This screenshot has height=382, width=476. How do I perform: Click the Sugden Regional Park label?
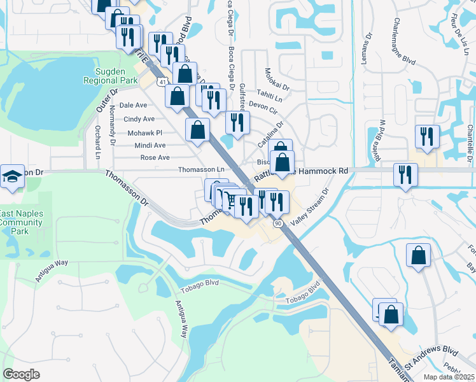[x=110, y=76]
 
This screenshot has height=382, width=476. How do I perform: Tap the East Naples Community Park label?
[x=22, y=222]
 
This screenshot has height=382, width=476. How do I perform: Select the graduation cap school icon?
[x=12, y=177]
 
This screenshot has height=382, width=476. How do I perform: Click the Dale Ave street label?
[x=133, y=105]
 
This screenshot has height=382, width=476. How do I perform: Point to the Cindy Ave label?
[x=139, y=119]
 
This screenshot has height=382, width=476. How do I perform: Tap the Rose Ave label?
[x=155, y=157]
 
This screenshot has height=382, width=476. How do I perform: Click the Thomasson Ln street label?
[x=202, y=169]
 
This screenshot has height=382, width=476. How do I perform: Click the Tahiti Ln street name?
[x=270, y=95]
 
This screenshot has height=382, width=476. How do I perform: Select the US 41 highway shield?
[x=164, y=82]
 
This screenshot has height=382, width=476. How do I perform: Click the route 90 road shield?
[x=278, y=223]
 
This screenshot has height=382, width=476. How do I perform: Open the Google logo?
[x=21, y=374]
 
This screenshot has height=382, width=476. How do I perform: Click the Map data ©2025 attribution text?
[x=449, y=376]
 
